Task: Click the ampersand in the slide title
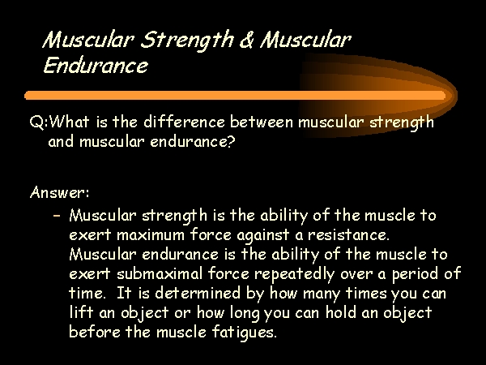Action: [247, 40]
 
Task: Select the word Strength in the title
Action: [187, 41]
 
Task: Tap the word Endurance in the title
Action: [96, 65]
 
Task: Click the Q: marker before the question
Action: [39, 122]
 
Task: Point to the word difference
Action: [184, 121]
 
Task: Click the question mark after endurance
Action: [231, 141]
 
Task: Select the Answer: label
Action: [60, 192]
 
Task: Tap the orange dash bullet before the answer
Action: [57, 215]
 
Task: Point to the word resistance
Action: [348, 234]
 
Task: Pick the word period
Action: [415, 275]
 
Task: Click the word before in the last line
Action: [95, 332]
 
